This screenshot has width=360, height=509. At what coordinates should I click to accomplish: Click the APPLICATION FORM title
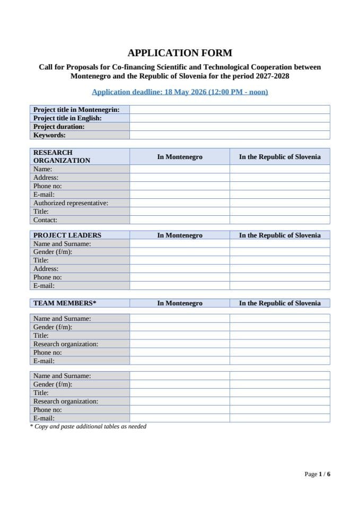pyautogui.click(x=180, y=52)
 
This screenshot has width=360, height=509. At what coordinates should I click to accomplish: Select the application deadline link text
pyautogui.click(x=180, y=92)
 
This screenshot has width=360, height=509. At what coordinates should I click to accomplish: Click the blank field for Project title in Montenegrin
pyautogui.click(x=230, y=110)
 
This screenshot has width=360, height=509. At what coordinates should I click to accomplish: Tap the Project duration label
pyautogui.click(x=59, y=127)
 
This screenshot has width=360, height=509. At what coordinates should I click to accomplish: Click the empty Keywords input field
pyautogui.click(x=230, y=135)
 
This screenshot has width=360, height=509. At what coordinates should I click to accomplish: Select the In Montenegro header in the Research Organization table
pyautogui.click(x=180, y=157)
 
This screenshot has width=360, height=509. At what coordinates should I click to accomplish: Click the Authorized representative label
pyautogui.click(x=71, y=203)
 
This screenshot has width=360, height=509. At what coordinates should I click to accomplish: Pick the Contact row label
pyautogui.click(x=45, y=220)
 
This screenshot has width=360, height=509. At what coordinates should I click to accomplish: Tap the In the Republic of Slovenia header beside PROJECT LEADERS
pyautogui.click(x=279, y=235)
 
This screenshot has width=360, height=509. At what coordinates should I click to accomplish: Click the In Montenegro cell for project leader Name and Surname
pyautogui.click(x=180, y=244)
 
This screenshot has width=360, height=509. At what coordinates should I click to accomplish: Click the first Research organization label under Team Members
pyautogui.click(x=66, y=344)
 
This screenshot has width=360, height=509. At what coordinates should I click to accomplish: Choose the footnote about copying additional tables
pyautogui.click(x=88, y=426)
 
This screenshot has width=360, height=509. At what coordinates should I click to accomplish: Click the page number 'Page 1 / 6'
pyautogui.click(x=317, y=474)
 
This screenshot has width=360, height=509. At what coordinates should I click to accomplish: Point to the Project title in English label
pyautogui.click(x=67, y=118)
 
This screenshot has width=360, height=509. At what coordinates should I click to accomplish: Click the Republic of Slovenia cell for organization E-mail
pyautogui.click(x=279, y=195)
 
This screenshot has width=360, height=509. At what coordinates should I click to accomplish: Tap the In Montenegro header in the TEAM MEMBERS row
pyautogui.click(x=180, y=303)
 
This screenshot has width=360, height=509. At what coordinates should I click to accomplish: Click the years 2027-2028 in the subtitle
pyautogui.click(x=269, y=76)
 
